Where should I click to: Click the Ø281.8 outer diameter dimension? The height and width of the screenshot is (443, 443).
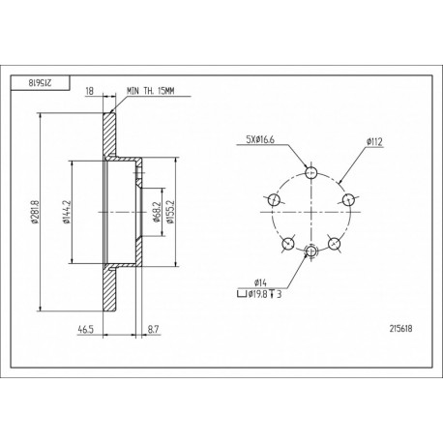(x=35, y=212)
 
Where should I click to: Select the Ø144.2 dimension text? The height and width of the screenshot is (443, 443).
(x=67, y=212)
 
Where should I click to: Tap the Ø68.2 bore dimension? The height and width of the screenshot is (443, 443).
(x=157, y=212)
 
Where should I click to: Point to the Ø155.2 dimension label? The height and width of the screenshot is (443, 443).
(x=170, y=212)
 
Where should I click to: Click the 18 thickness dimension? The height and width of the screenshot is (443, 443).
(x=89, y=91)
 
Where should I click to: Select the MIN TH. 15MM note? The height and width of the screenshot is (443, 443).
(x=151, y=91)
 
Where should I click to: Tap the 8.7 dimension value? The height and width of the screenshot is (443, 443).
(x=153, y=330)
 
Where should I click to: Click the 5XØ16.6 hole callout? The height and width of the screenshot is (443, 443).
(x=260, y=139)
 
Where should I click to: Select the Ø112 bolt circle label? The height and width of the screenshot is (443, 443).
(x=374, y=141)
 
